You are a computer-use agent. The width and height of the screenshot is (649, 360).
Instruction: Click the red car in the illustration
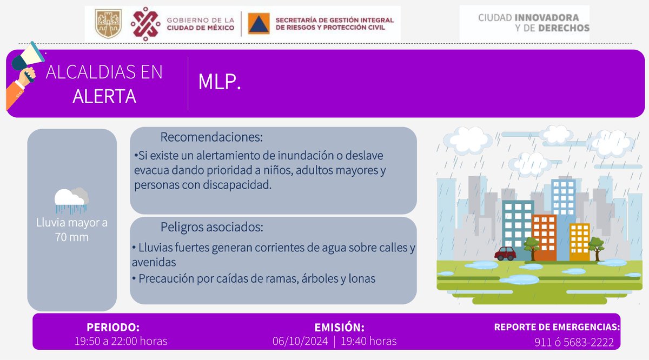point(505,253)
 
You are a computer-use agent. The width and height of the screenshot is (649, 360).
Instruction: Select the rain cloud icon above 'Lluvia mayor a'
point(71,199)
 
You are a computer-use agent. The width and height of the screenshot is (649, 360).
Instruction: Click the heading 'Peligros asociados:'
point(211,227)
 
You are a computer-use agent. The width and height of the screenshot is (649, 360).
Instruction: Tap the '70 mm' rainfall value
point(71,237)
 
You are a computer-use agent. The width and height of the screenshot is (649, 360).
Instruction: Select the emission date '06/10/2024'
point(299,341)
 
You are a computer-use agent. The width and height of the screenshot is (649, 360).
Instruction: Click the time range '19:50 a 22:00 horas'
point(121,341)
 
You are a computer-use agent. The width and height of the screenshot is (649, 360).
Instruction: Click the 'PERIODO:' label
point(113,328)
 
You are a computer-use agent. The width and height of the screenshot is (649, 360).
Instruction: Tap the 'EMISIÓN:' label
point(339,328)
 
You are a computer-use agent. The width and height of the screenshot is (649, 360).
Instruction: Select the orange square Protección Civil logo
point(259,24)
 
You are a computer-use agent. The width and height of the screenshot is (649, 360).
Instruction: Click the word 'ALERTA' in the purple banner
point(104,96)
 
